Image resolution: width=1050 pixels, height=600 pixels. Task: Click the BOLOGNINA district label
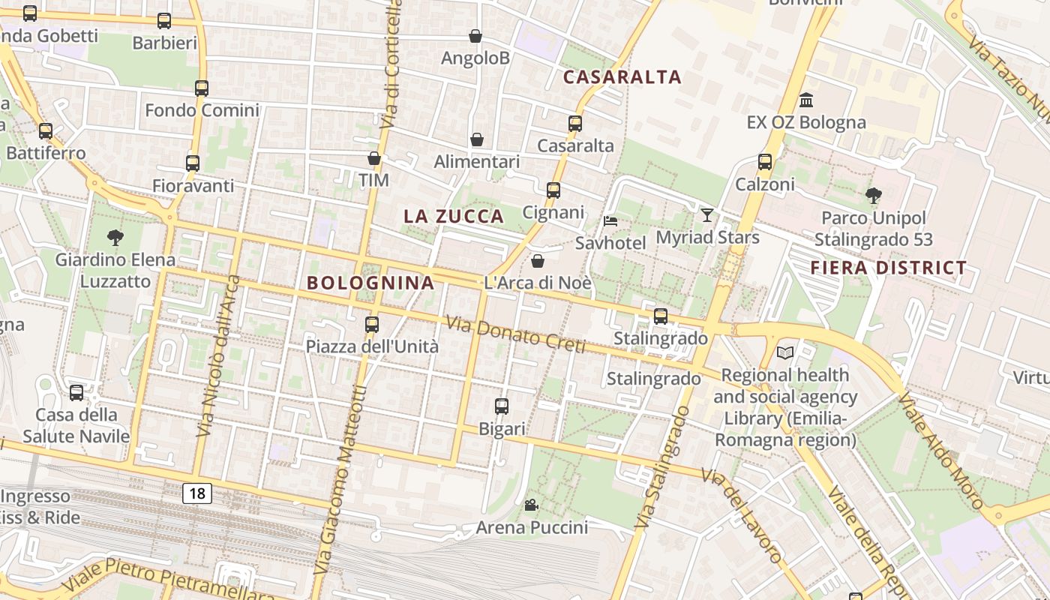tap(370, 283)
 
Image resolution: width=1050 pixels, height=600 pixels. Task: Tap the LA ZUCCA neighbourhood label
tap(454, 217)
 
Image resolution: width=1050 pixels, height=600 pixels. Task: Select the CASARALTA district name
tap(622, 76)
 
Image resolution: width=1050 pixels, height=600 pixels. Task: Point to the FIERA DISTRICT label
tap(889, 268)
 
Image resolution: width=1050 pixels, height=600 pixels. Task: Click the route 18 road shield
tap(196, 493)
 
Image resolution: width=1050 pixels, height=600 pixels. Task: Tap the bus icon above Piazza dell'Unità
tap(371, 325)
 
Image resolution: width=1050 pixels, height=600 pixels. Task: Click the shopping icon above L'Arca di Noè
tap(538, 261)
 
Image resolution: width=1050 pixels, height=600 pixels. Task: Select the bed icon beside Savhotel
tap(610, 221)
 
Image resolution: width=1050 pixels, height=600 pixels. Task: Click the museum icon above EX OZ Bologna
tap(806, 100)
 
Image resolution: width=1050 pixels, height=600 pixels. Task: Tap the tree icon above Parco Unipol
tap(873, 196)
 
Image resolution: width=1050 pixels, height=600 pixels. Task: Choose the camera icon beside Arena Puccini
tap(531, 505)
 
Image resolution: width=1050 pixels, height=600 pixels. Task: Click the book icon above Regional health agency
tap(785, 352)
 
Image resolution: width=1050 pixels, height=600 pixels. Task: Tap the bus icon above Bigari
tap(502, 406)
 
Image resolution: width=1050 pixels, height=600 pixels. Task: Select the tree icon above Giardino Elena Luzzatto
tap(115, 238)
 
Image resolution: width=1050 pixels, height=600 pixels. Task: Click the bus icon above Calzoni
tap(765, 162)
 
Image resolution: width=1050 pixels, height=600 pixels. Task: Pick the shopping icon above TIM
tap(373, 158)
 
